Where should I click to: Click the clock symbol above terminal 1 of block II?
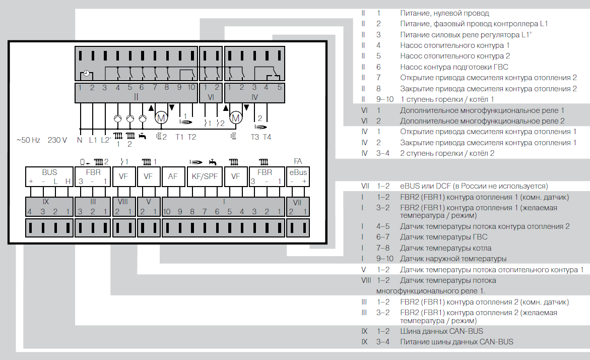(x=86, y=74)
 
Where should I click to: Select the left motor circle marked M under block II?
(x=161, y=118)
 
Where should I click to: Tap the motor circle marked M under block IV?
(x=235, y=118)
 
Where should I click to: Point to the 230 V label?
(x=57, y=140)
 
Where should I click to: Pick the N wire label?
(x=80, y=140)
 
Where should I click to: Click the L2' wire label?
(x=106, y=140)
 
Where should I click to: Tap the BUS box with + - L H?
(x=49, y=176)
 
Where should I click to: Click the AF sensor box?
(x=173, y=176)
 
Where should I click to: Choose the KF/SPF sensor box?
(x=205, y=176)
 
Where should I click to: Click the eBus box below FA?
(x=298, y=176)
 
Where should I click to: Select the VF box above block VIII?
(x=123, y=176)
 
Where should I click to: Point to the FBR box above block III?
(x=93, y=176)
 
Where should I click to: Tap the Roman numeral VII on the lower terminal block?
(x=298, y=202)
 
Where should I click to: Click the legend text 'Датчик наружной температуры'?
(x=453, y=259)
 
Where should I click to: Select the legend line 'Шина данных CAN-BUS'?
(x=441, y=331)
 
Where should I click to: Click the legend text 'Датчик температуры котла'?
(x=445, y=248)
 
